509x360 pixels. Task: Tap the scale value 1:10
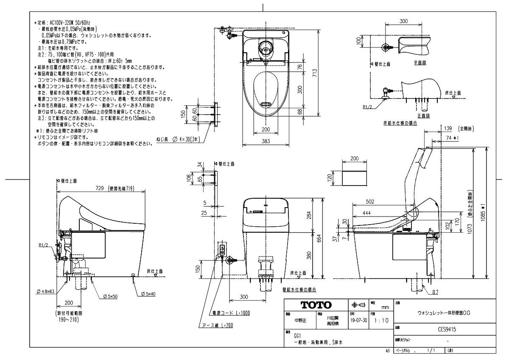[380, 321]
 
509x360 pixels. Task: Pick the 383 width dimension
[266, 141]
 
